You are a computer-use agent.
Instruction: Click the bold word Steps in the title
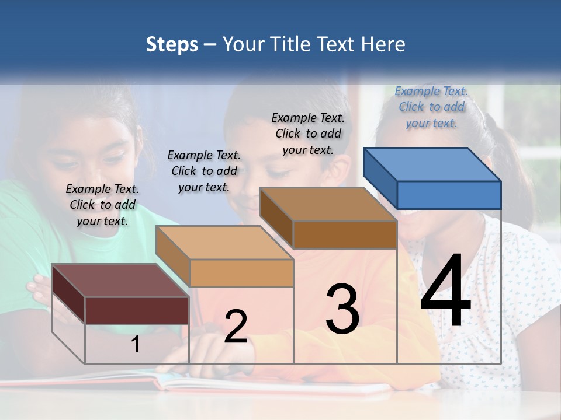coord(172,44)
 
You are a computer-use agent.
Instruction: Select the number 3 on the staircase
coord(342,309)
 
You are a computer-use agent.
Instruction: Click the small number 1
coord(135,345)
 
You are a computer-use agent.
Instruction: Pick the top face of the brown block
coord(327,204)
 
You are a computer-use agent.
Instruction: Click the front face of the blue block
coord(449,195)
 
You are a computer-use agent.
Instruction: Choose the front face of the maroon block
coord(137,310)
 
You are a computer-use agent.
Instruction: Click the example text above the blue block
coord(431,107)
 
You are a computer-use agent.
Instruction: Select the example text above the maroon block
coord(102,205)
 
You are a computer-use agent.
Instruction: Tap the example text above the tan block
coord(204,171)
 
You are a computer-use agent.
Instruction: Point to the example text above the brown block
coord(308,134)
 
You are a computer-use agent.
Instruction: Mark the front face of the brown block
coord(345,235)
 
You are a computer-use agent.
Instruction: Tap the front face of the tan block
coord(241,273)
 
